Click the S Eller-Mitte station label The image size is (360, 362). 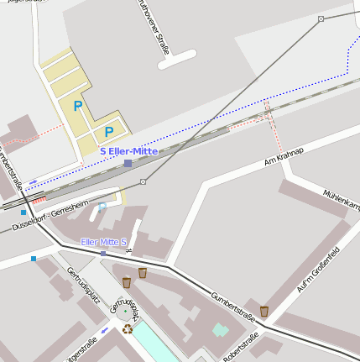(128, 151)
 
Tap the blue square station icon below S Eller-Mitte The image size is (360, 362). (128, 163)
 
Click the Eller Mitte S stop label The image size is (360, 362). (103, 242)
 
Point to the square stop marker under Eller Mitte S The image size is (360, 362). (103, 253)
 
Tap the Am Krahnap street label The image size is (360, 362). (283, 155)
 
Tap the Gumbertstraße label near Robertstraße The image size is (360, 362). (232, 303)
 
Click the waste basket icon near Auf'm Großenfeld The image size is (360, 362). (263, 311)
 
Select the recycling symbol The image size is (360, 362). (128, 328)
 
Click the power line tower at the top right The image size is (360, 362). (321, 18)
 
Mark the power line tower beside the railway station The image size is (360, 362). (143, 181)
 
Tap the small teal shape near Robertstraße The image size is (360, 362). (221, 329)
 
